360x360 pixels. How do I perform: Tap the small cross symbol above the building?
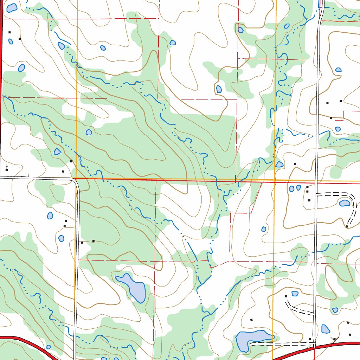(x=6, y=166)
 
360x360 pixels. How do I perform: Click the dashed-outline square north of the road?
(x=23, y=171)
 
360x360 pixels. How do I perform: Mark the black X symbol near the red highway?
(x=334, y=339)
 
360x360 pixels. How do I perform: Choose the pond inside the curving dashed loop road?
(x=344, y=203)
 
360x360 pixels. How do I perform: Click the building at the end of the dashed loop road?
(x=347, y=226)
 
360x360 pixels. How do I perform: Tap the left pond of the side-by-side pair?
(x=291, y=188)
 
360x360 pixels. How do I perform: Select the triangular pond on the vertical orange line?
(x=279, y=164)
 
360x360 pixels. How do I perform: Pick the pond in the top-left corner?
(x=12, y=8)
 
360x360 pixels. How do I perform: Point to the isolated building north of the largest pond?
(x=251, y=320)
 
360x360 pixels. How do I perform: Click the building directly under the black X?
(x=350, y=334)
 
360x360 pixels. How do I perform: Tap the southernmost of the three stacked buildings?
(x=309, y=200)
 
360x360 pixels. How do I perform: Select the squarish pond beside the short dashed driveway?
(x=295, y=294)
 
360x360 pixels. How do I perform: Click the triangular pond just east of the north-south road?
(x=326, y=329)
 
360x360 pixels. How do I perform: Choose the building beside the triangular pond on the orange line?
(x=295, y=164)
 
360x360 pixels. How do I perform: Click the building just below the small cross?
(x=6, y=170)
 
